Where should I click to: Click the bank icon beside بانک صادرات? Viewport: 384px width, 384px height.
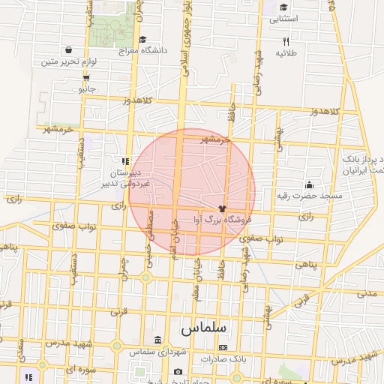coord(223,348)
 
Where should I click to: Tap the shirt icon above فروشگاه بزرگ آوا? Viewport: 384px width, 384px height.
coord(222,208)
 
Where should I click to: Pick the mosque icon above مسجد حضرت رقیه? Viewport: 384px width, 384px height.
coord(309,184)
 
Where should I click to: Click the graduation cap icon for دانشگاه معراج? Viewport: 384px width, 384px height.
coord(142,40)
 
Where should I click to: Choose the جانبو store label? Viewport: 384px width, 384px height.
coord(88,88)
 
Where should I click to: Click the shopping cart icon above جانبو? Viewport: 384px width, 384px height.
coord(88,77)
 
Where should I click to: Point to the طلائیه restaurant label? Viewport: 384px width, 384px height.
coord(286,53)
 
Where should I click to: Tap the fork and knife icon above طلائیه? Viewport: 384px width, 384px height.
coord(286,42)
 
